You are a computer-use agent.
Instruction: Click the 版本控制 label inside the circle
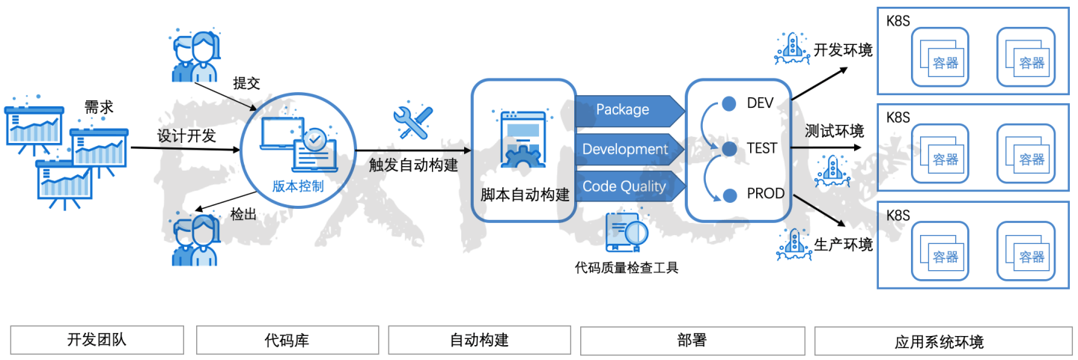click(x=298, y=186)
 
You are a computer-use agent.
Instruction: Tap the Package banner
click(x=623, y=110)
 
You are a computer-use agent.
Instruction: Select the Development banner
click(x=625, y=149)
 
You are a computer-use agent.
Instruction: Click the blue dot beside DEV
click(x=728, y=103)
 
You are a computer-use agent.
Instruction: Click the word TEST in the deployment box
click(x=761, y=149)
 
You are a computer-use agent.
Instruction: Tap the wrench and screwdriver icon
click(x=413, y=121)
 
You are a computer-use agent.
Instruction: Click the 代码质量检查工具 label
click(x=627, y=267)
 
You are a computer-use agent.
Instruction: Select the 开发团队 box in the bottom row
click(x=97, y=341)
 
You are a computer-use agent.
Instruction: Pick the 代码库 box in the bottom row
click(x=287, y=341)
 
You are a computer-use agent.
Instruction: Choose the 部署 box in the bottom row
click(x=692, y=341)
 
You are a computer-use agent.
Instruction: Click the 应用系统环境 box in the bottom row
click(x=939, y=342)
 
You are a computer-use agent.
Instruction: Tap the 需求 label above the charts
click(x=99, y=107)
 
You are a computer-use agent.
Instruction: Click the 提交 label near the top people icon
click(x=246, y=83)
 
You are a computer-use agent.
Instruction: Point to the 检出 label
click(x=243, y=214)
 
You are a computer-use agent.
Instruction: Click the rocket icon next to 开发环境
click(x=792, y=48)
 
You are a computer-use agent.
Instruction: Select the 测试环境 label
click(x=834, y=132)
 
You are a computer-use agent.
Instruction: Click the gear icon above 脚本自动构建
click(x=522, y=156)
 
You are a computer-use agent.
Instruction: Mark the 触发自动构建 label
click(x=413, y=165)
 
